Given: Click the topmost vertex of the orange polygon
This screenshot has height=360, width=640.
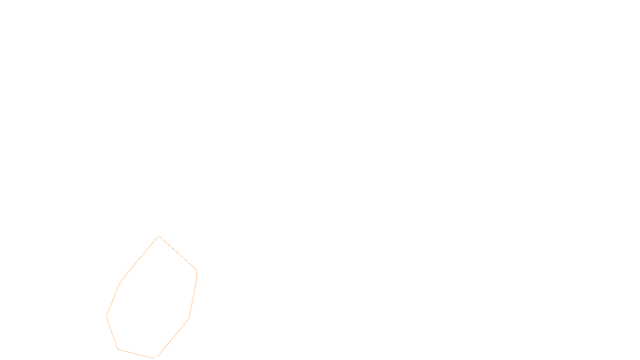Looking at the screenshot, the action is pyautogui.click(x=159, y=236).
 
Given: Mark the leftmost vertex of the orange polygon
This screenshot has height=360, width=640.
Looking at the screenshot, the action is pyautogui.click(x=106, y=316).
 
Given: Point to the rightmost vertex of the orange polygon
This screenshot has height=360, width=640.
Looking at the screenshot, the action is pyautogui.click(x=197, y=276).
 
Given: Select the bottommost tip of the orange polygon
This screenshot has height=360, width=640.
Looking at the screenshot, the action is pyautogui.click(x=154, y=358).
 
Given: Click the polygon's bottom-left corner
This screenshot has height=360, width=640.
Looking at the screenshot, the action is pyautogui.click(x=118, y=349).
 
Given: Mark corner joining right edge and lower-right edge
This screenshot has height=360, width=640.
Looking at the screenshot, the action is pyautogui.click(x=189, y=319).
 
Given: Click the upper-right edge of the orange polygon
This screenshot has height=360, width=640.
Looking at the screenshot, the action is pyautogui.click(x=177, y=253).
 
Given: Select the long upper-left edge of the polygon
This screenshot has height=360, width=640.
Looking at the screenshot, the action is pyautogui.click(x=142, y=256).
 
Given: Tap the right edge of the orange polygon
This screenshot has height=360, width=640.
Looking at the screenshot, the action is pyautogui.click(x=193, y=297).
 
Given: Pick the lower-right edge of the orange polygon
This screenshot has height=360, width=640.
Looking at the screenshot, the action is pyautogui.click(x=172, y=338).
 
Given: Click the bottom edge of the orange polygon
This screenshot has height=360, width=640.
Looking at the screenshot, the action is pyautogui.click(x=136, y=354).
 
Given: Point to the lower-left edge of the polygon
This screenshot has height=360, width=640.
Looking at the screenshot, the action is pyautogui.click(x=112, y=333).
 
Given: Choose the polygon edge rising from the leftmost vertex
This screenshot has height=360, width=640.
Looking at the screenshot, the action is pyautogui.click(x=113, y=300).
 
